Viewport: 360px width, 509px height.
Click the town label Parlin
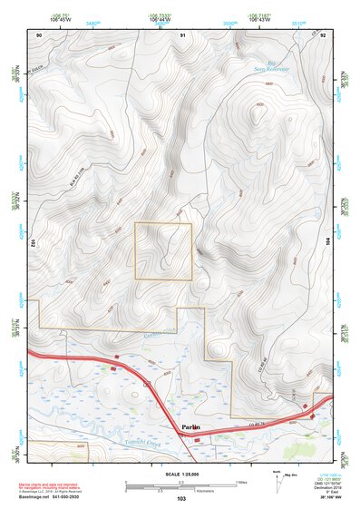click(189, 426)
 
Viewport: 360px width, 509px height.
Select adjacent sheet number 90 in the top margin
click(39, 34)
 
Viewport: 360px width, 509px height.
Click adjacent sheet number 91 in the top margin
click(184, 34)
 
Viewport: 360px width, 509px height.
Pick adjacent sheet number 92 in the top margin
click(322, 34)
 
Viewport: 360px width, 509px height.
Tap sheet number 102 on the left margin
click(33, 243)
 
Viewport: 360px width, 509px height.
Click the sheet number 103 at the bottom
click(181, 499)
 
